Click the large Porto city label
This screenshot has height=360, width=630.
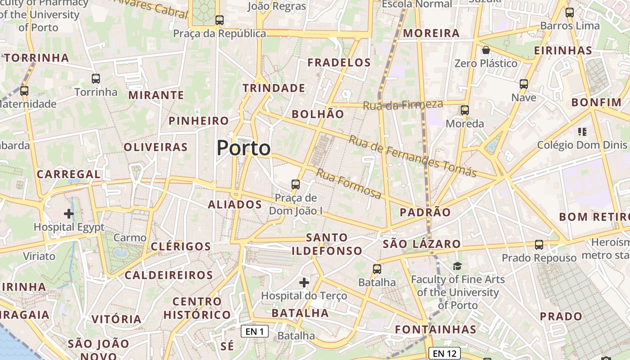(243, 148)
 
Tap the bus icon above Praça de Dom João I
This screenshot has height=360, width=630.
(296, 184)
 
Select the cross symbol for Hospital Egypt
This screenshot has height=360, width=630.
(69, 213)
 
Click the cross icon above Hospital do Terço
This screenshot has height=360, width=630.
(304, 283)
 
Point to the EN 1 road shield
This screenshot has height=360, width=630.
(255, 332)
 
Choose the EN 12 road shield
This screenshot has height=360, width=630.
(444, 353)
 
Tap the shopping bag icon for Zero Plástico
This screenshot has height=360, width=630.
(486, 50)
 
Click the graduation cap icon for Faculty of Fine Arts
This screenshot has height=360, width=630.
(457, 266)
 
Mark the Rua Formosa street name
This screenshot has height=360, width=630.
(349, 183)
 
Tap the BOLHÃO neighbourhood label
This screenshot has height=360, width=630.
(318, 114)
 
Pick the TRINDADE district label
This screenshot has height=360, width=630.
(274, 88)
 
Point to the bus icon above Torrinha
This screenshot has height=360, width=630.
(96, 79)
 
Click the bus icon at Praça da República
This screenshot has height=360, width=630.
(219, 20)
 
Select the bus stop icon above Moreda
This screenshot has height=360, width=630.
(465, 110)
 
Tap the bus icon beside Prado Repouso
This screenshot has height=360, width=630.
(539, 245)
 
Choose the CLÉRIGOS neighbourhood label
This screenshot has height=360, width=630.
(181, 247)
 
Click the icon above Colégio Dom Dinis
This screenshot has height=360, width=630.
(582, 132)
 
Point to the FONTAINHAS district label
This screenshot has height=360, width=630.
(435, 329)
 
